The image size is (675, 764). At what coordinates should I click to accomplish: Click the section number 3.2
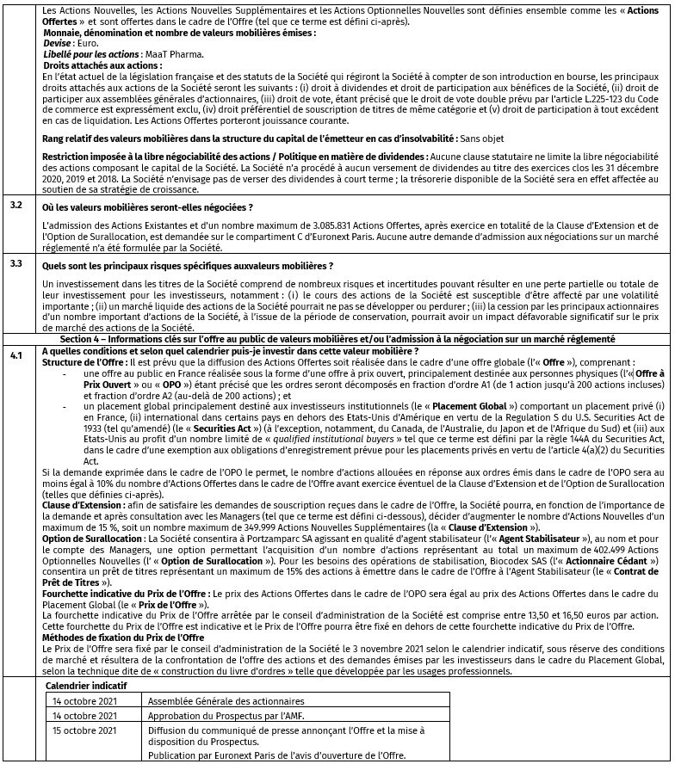click(x=15, y=206)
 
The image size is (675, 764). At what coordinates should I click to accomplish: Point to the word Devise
click(x=57, y=42)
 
